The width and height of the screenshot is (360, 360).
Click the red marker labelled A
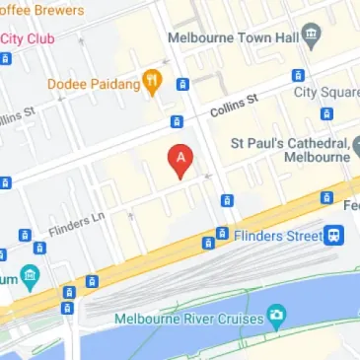[180, 160]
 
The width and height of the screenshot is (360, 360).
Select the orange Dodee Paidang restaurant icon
[152, 82]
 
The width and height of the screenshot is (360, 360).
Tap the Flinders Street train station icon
[335, 235]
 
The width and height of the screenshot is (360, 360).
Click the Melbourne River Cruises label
[186, 319]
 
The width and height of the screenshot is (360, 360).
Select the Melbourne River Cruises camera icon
[276, 316]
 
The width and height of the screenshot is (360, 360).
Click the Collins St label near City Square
[238, 99]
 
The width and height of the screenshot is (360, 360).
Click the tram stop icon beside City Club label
[5, 58]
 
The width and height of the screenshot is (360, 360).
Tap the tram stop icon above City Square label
[297, 75]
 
